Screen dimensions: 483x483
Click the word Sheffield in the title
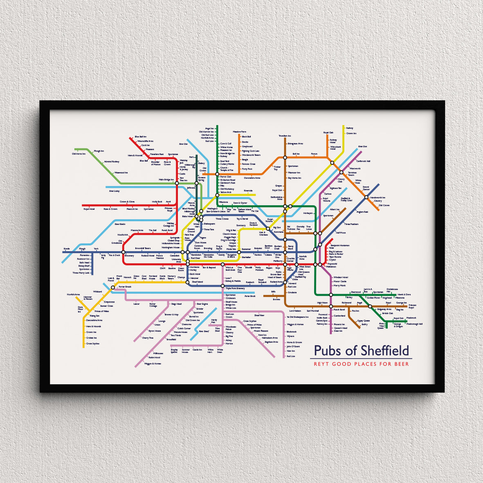(x=385, y=351)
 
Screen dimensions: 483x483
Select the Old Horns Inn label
(x=79, y=154)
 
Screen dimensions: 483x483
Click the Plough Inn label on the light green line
(x=99, y=151)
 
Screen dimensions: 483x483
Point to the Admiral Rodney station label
(x=111, y=162)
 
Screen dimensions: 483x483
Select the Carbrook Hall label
(x=363, y=161)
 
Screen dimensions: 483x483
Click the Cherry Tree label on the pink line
(x=148, y=338)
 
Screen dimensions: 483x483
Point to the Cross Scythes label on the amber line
(x=92, y=344)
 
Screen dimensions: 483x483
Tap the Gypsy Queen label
(x=364, y=321)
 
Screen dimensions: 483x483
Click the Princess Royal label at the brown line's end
(x=412, y=306)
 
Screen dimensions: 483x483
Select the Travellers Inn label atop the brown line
(x=285, y=136)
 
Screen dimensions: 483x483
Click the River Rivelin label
(x=120, y=224)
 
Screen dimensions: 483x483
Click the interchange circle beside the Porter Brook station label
(x=113, y=287)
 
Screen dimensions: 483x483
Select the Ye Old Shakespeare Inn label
(x=297, y=317)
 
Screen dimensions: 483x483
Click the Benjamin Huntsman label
(x=340, y=245)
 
